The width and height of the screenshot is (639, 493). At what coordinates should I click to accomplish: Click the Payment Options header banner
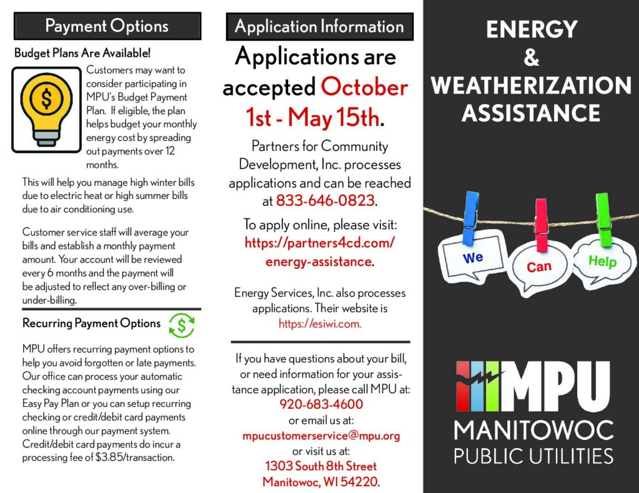tap(107, 26)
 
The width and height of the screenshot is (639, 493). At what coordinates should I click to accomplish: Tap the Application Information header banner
tap(319, 27)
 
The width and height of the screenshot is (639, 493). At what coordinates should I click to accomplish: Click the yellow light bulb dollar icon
tap(47, 109)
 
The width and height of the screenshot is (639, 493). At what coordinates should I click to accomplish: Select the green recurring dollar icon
tap(182, 325)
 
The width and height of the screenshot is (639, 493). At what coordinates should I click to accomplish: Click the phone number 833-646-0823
tap(325, 201)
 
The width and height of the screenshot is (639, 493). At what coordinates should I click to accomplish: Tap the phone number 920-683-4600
tap(321, 404)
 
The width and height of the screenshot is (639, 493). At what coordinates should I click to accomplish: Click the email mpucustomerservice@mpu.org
tap(321, 435)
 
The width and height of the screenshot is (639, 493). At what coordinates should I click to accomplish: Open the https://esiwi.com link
tap(319, 323)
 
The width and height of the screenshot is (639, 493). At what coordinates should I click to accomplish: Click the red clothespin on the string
tap(541, 224)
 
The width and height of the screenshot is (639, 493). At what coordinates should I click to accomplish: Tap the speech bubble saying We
tap(472, 257)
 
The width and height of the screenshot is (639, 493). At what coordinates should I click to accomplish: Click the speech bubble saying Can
tap(539, 268)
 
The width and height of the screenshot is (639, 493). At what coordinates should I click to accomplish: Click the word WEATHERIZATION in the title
tap(531, 85)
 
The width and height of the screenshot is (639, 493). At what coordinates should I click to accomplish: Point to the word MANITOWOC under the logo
tap(534, 430)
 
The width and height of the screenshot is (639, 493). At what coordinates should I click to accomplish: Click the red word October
tap(364, 87)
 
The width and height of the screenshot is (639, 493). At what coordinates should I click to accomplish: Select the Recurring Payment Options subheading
tap(92, 323)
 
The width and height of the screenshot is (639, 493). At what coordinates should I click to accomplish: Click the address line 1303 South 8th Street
tap(321, 466)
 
